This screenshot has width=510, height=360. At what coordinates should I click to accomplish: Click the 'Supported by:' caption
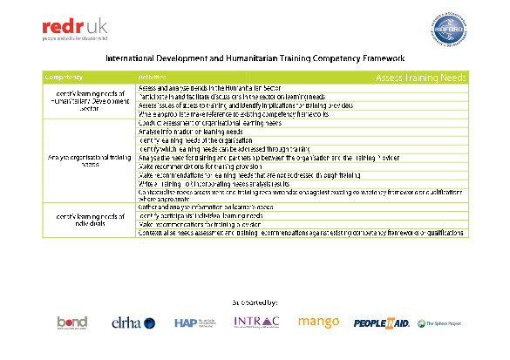click(x=255, y=302)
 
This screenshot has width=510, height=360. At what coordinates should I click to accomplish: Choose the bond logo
click(x=71, y=323)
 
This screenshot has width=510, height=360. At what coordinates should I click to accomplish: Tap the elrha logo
click(x=134, y=323)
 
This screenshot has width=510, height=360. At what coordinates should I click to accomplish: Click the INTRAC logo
click(x=256, y=323)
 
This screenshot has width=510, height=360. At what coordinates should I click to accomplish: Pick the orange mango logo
click(x=319, y=322)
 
